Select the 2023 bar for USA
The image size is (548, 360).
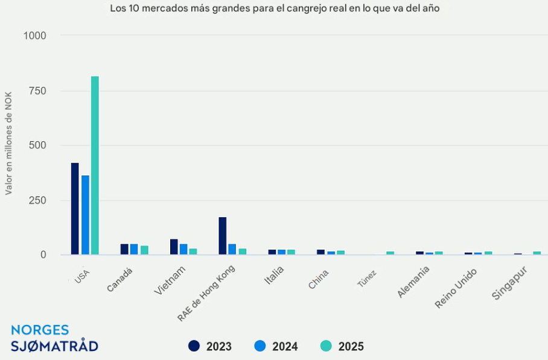pyautogui.click(x=75, y=209)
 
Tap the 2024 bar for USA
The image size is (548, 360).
pyautogui.click(x=85, y=215)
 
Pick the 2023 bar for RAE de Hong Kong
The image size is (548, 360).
pyautogui.click(x=223, y=236)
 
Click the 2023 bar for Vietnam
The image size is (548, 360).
pyautogui.click(x=174, y=247)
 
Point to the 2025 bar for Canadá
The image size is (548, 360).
pyautogui.click(x=144, y=250)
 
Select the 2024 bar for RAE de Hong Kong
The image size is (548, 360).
pyautogui.click(x=232, y=249)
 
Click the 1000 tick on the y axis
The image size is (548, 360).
pyautogui.click(x=35, y=36)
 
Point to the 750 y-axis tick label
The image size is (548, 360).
pyautogui.click(x=38, y=90)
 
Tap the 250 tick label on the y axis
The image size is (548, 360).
pyautogui.click(x=38, y=200)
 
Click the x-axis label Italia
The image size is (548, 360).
pyautogui.click(x=273, y=276)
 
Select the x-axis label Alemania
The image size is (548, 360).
pyautogui.click(x=414, y=281)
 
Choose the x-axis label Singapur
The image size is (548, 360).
pyautogui.click(x=510, y=283)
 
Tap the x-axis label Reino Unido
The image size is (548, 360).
pyautogui.click(x=456, y=288)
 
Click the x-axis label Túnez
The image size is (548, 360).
pyautogui.click(x=367, y=278)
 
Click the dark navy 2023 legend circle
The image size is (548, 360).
pyautogui.click(x=194, y=346)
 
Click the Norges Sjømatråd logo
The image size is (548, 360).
pyautogui.click(x=54, y=338)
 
